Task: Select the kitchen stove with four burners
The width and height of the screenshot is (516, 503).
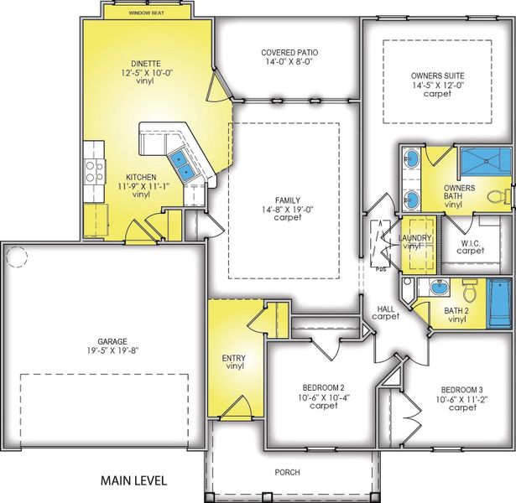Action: (x=95, y=171)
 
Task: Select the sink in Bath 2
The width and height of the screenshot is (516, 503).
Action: (x=438, y=288)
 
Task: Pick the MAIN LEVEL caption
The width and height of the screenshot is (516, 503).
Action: (x=133, y=481)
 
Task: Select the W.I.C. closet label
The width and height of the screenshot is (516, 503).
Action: (x=470, y=244)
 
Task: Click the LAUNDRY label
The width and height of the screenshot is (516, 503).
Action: (x=417, y=238)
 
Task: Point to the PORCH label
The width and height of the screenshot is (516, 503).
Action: (x=287, y=472)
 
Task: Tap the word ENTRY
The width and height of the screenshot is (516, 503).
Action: (x=234, y=358)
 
